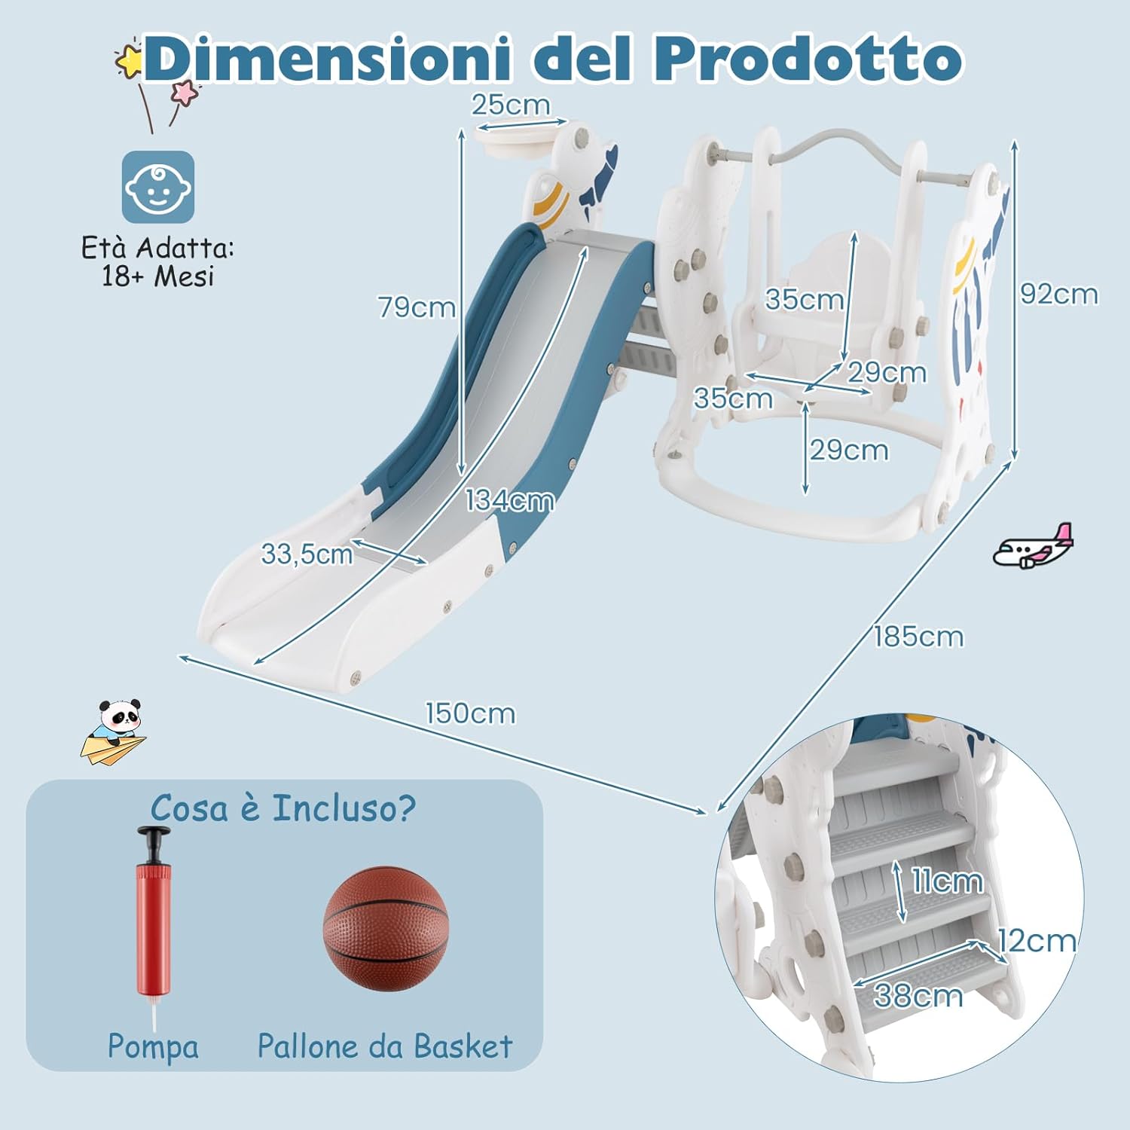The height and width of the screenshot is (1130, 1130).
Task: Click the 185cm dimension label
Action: click(918, 637)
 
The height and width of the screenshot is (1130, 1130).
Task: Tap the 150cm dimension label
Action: click(470, 713)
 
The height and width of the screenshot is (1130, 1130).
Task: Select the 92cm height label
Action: click(1058, 294)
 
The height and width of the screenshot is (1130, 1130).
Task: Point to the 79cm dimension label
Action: click(417, 307)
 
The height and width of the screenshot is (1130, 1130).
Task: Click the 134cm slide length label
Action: click(509, 501)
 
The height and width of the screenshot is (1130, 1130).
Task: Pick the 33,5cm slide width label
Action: click(307, 554)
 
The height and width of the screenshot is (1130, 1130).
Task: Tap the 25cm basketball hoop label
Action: click(511, 105)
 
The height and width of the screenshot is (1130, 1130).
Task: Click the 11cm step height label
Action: click(947, 881)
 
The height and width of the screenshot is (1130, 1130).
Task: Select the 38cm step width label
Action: click(918, 996)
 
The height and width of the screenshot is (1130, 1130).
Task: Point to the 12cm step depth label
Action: click(1037, 941)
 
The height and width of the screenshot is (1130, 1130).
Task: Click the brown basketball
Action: click(386, 929)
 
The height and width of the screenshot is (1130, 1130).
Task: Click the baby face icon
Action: click(158, 188)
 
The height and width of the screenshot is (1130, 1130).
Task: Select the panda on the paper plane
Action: click(114, 731)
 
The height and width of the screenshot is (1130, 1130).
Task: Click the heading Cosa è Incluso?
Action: click(282, 808)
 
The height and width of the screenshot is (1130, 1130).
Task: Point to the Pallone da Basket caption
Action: click(385, 1046)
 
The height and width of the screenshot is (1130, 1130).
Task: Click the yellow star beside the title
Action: click(130, 60)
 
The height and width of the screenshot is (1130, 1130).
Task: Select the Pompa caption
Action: click(153, 1046)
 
